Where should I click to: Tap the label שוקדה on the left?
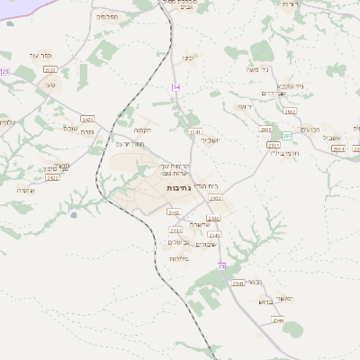click(25, 191)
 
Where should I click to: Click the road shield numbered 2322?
click(49, 69)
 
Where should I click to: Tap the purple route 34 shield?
click(176, 87)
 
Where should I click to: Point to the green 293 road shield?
click(286, 135)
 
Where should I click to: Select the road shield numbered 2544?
click(278, 319)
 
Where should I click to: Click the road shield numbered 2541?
click(238, 283)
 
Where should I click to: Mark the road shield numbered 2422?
click(52, 177)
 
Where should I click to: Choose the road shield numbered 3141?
click(195, 132)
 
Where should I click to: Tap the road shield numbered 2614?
click(338, 148)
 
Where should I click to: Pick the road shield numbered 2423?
click(87, 118)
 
